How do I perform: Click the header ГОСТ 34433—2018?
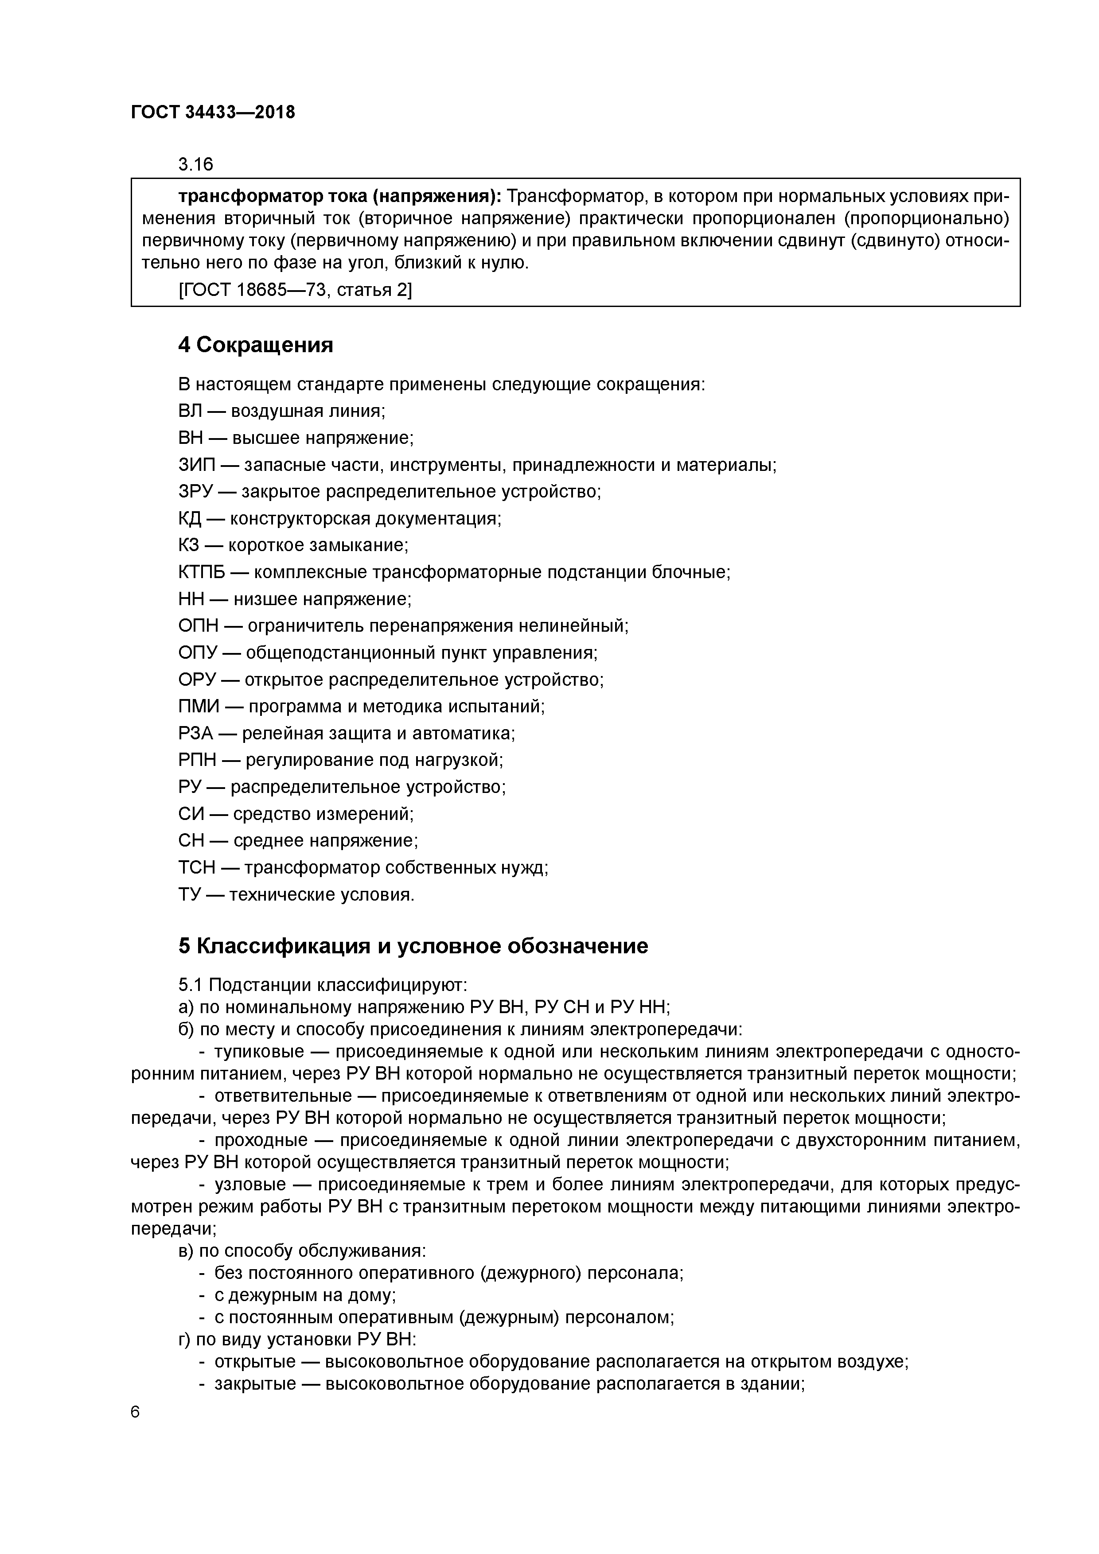(213, 113)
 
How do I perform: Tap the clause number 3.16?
(195, 164)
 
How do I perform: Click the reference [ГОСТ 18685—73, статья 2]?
(295, 290)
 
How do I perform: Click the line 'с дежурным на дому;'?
(305, 1295)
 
